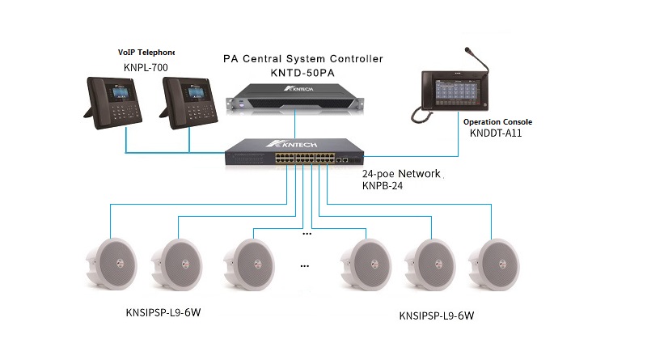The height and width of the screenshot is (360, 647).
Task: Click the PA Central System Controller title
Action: pos(303,58)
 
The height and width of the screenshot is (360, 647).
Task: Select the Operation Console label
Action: pos(497,122)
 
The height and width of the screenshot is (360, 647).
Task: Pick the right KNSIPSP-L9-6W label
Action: pos(435,316)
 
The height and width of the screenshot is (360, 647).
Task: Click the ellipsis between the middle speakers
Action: pos(307,265)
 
